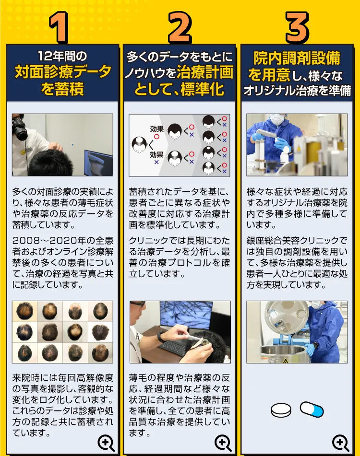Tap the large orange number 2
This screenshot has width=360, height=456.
[180, 27]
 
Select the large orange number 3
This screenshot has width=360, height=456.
[297, 27]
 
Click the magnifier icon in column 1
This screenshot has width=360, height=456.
[106, 443]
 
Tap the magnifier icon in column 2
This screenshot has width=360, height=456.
[223, 443]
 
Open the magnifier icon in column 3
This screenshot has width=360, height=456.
[340, 443]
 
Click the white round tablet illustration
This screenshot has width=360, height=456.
[281, 410]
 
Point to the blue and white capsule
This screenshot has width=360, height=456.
[312, 409]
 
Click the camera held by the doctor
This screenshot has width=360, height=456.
[20, 129]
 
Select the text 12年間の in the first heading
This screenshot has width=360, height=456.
[62, 56]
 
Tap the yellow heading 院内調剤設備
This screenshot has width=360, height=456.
[297, 58]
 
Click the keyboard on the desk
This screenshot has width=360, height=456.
[175, 346]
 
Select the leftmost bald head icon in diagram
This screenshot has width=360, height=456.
[139, 145]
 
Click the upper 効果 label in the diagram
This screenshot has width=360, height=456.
[156, 129]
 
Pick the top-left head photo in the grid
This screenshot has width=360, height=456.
[25, 311]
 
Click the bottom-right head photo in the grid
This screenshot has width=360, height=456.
[100, 352]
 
